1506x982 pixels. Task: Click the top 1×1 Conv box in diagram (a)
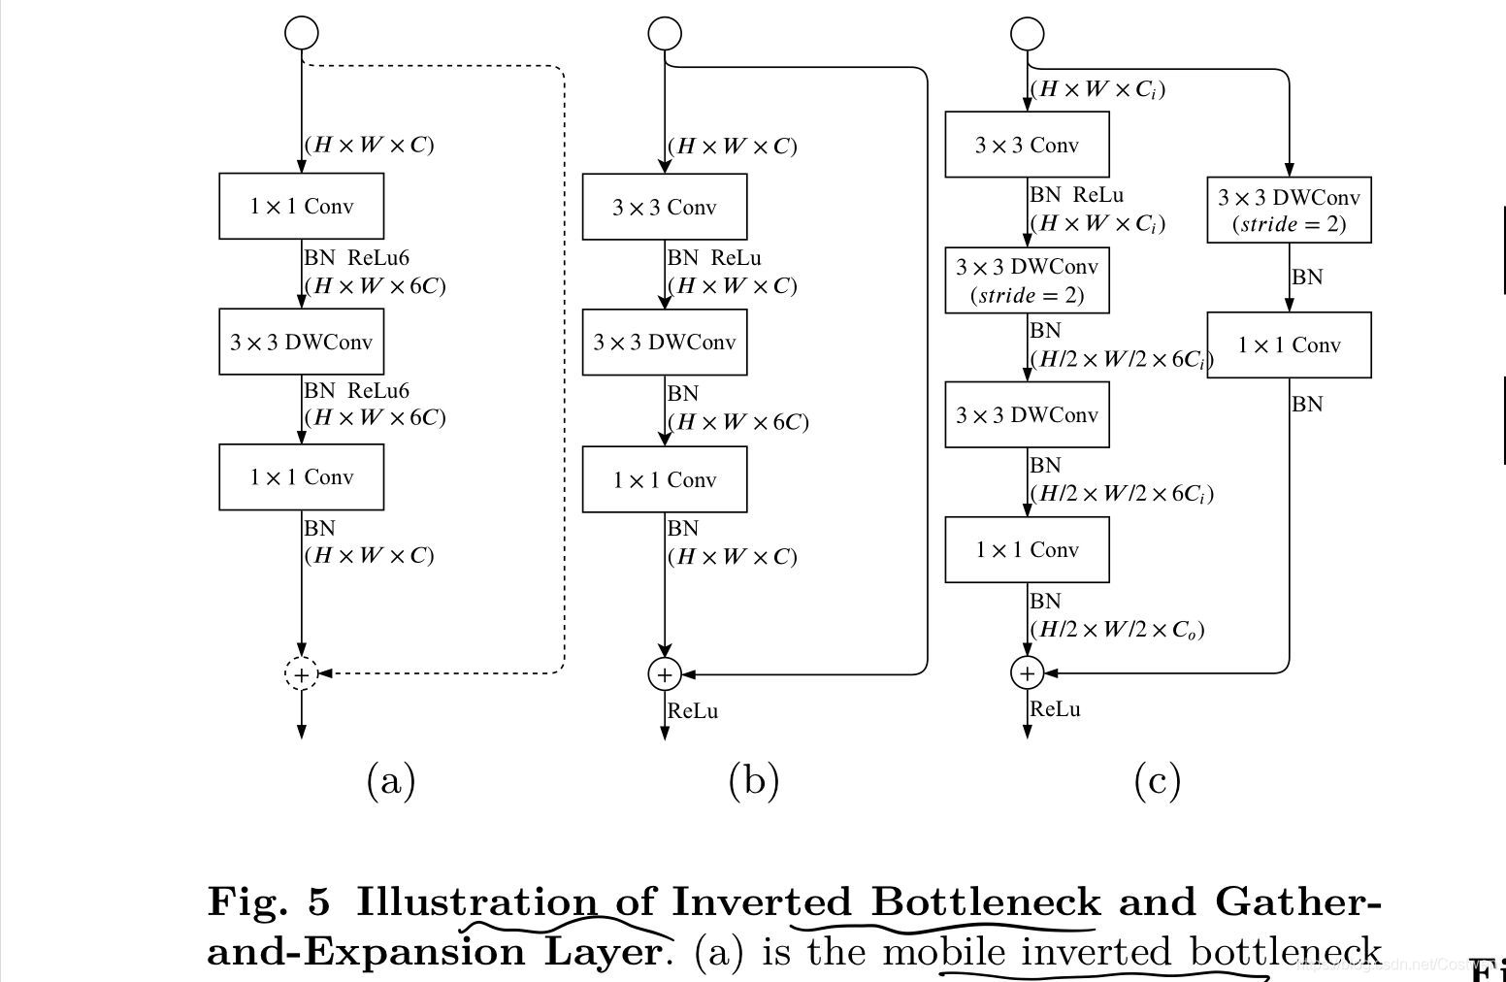click(x=301, y=206)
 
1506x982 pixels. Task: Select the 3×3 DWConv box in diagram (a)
click(x=301, y=342)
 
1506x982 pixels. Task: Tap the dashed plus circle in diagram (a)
click(x=301, y=673)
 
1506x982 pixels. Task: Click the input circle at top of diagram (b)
click(x=664, y=33)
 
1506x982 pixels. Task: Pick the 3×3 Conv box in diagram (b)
click(x=664, y=207)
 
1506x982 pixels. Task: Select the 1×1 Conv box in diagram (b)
click(x=664, y=479)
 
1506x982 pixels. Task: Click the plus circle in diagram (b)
click(x=664, y=673)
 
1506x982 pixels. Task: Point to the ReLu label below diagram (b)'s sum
click(x=693, y=711)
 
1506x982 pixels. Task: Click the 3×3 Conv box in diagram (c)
click(x=1027, y=145)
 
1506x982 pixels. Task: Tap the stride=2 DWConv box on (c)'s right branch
click(x=1289, y=210)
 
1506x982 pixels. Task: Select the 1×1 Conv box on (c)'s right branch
click(x=1289, y=344)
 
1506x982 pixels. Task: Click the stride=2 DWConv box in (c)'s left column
click(x=1027, y=280)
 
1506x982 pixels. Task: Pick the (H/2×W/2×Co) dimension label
click(x=1117, y=629)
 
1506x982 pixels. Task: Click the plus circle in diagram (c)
click(x=1027, y=672)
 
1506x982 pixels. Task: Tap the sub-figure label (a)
click(x=391, y=780)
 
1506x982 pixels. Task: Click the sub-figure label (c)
click(x=1157, y=780)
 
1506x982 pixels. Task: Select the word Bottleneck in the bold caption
click(x=985, y=901)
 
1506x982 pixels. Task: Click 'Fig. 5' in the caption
click(x=269, y=901)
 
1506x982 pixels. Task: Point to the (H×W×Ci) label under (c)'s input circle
click(x=1097, y=89)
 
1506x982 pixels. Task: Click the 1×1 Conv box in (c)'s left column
click(x=1027, y=549)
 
